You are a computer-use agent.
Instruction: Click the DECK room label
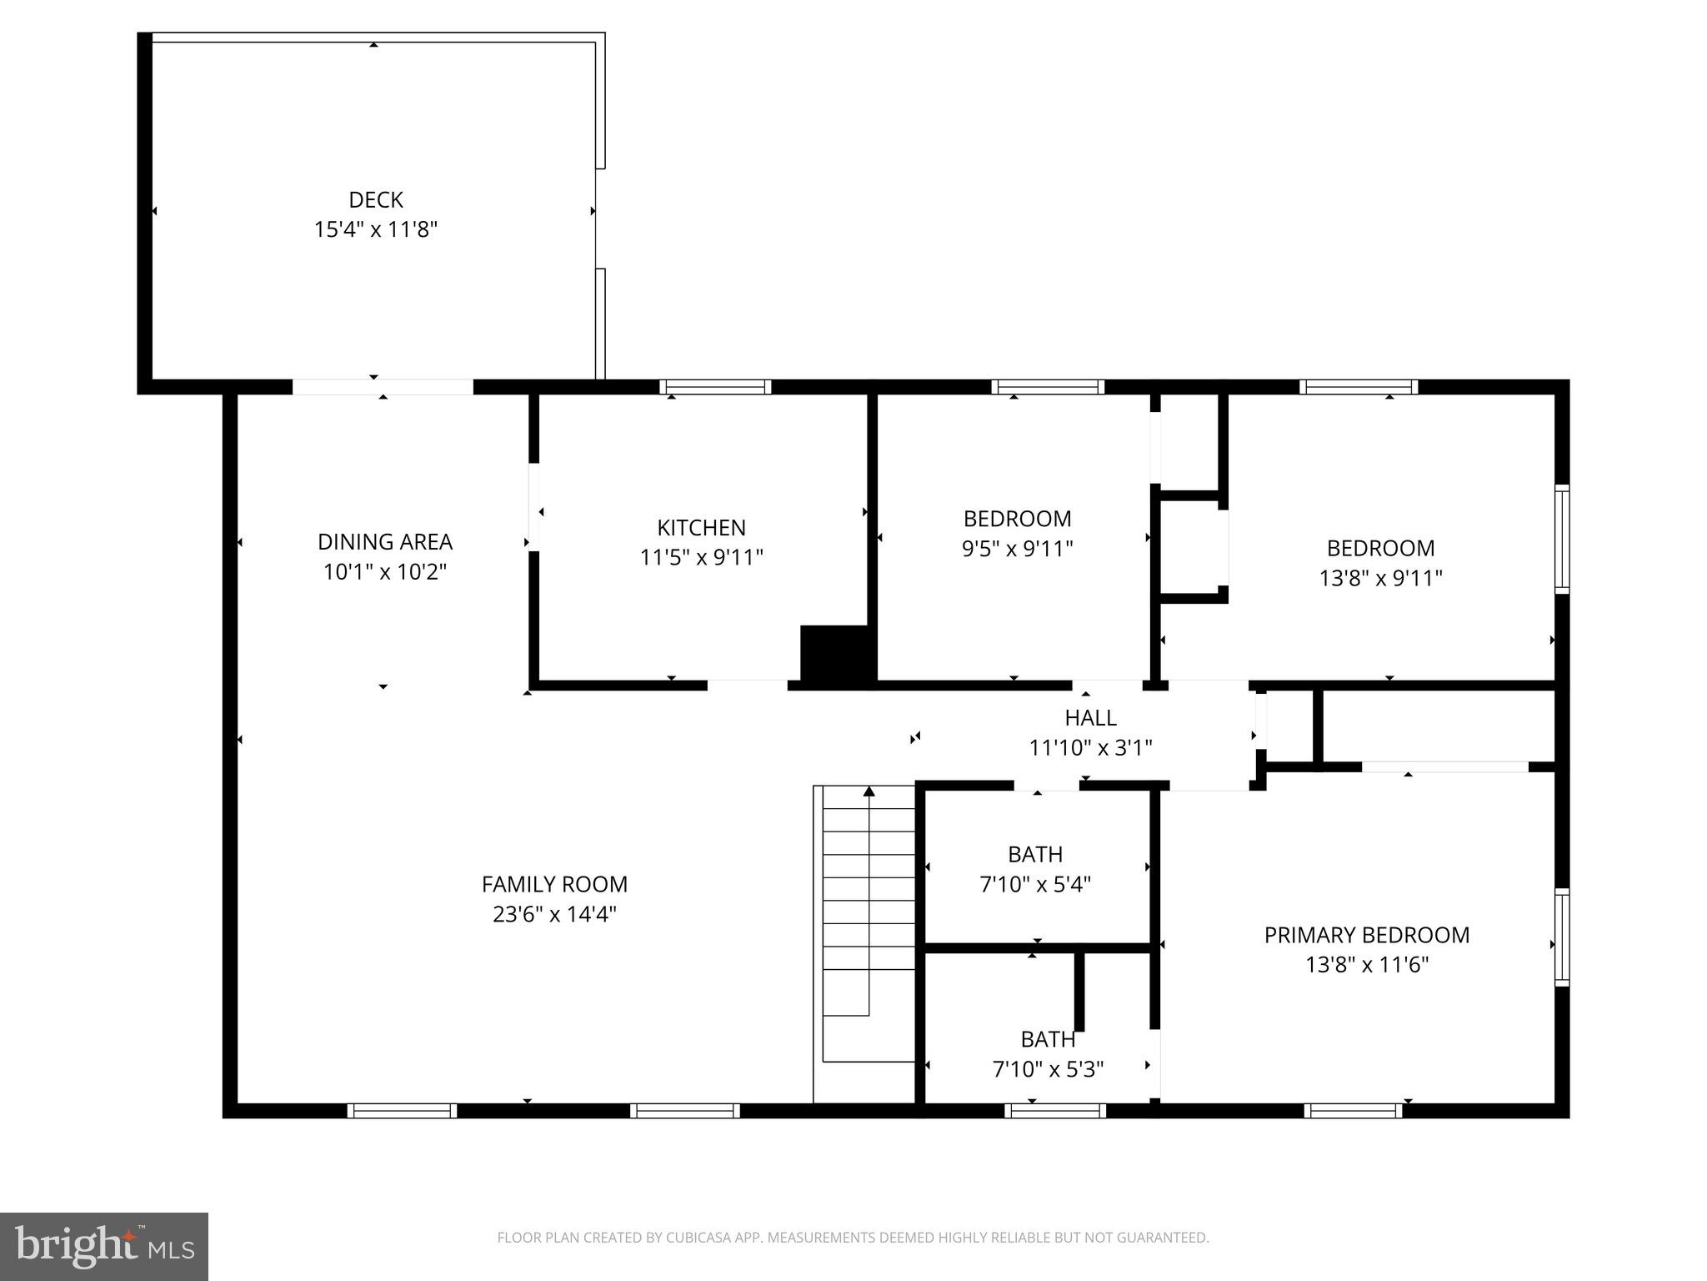[375, 200]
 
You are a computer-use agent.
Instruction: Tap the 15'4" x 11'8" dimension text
[375, 229]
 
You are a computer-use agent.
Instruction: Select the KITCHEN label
[701, 528]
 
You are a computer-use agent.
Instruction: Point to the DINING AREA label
[384, 542]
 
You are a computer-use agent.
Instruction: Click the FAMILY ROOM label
[554, 884]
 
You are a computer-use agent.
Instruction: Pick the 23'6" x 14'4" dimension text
[554, 914]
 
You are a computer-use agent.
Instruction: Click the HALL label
[1090, 718]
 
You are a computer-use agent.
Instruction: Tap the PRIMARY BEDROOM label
[1366, 935]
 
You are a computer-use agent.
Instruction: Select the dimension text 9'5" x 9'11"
[1017, 549]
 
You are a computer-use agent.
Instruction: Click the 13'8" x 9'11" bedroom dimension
[1380, 578]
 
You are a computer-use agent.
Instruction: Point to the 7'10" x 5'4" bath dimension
[1035, 884]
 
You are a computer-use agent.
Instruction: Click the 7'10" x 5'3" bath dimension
[1048, 1069]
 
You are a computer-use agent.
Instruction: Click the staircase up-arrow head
[869, 791]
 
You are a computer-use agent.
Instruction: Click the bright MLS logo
[104, 1246]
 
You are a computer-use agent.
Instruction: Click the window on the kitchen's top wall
[715, 387]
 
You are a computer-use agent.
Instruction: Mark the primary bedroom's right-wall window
[1562, 937]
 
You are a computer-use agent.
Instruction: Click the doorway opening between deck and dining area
[383, 387]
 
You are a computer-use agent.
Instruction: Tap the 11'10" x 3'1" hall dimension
[1090, 748]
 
